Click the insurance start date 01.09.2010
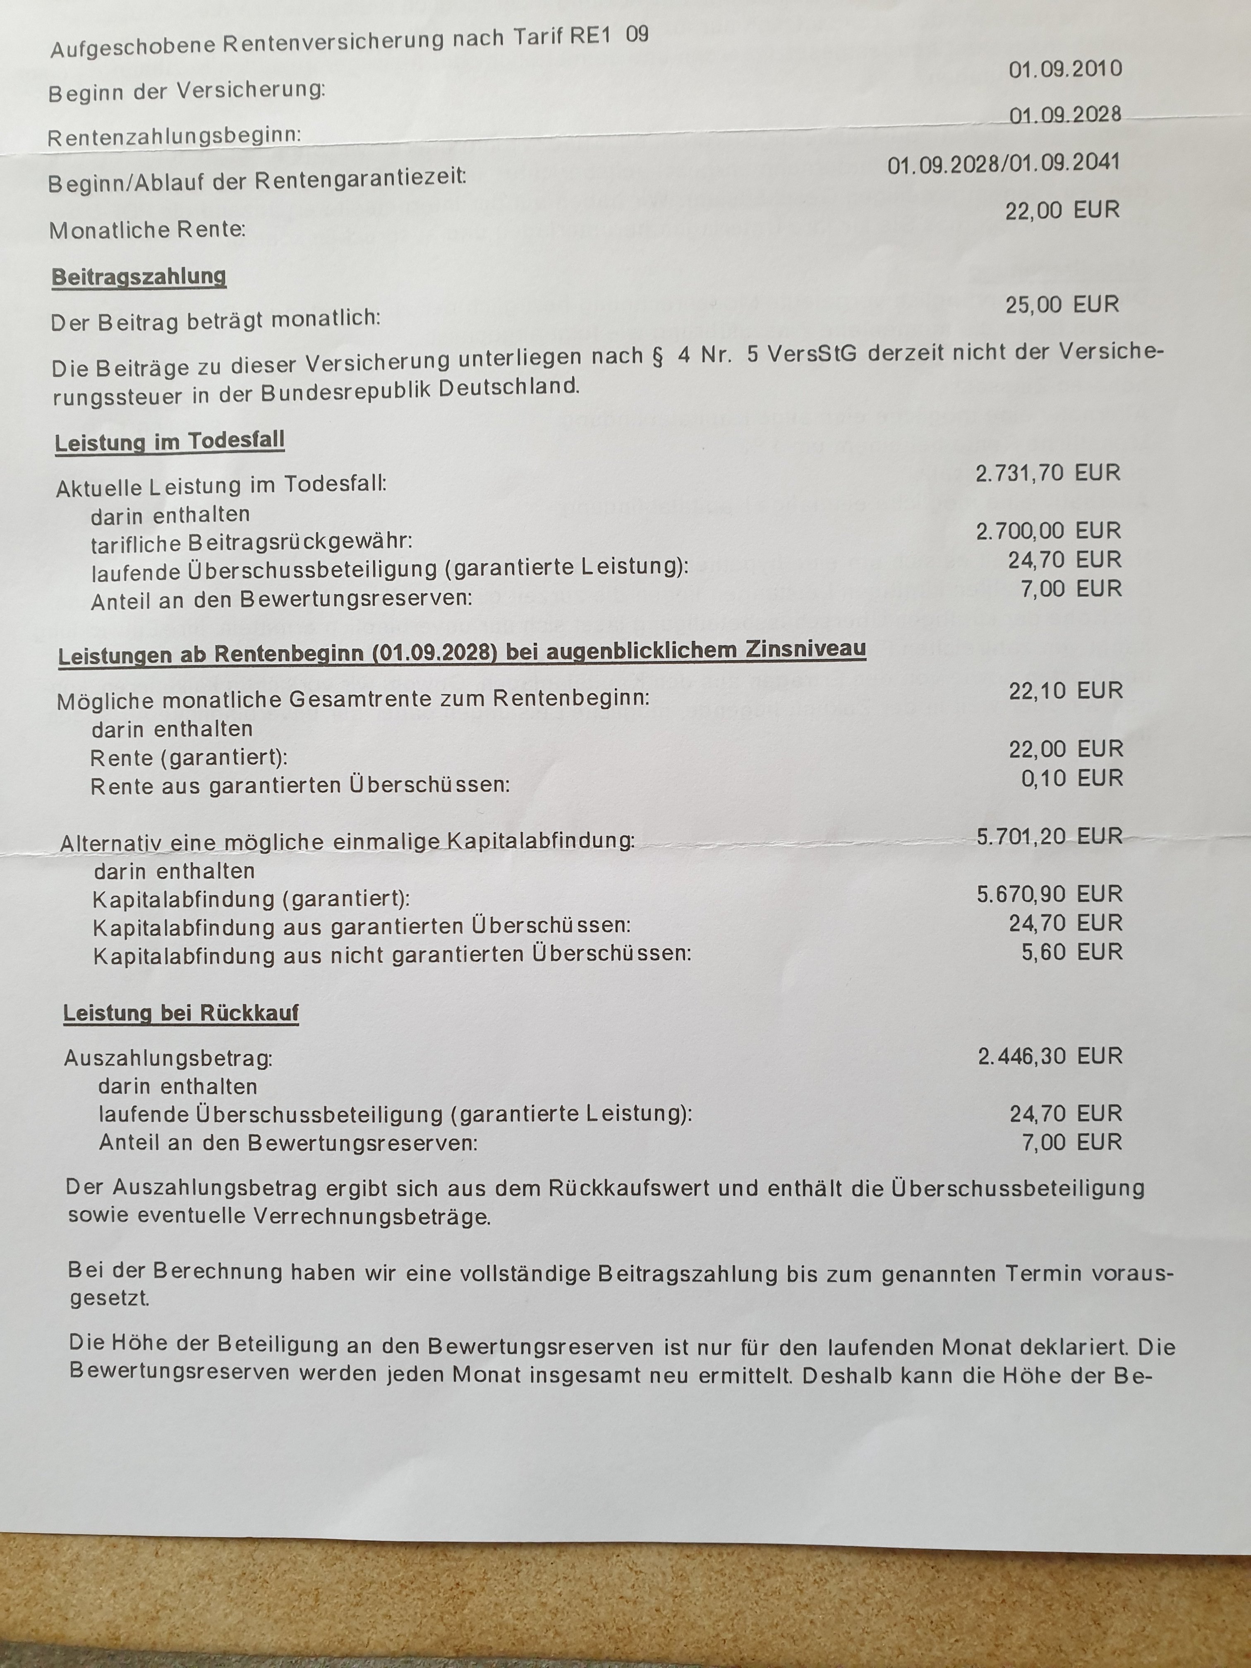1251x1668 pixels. pos(1065,69)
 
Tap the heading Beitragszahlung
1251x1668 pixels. pos(139,277)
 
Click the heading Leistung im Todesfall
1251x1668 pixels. pos(170,441)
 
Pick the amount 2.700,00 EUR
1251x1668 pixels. pos(1048,531)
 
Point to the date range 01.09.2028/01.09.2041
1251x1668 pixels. pos(1003,164)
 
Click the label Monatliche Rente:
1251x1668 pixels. pos(147,229)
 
